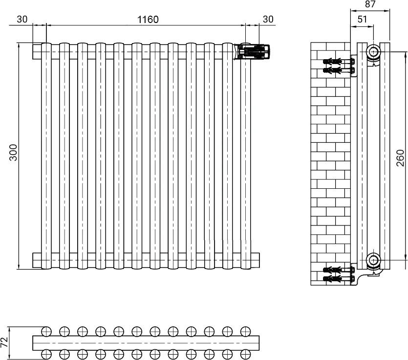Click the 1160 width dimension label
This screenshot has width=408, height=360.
click(148, 20)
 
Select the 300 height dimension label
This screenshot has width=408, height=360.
click(13, 153)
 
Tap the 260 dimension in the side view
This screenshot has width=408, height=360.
click(400, 158)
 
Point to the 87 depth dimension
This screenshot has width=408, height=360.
click(370, 4)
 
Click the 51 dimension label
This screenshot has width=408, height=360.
click(362, 19)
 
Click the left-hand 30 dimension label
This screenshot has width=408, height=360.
click(22, 19)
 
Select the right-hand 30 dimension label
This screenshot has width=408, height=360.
click(268, 19)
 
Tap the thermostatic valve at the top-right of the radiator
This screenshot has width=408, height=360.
click(255, 51)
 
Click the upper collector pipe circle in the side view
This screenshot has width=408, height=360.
click(374, 51)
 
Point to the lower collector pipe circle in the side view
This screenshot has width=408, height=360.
click(374, 260)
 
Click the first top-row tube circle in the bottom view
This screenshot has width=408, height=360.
click(46, 331)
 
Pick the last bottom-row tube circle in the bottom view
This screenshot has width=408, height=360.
click(245, 354)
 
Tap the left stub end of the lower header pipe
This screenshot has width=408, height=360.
click(37, 260)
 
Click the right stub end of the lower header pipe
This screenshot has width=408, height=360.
click(255, 260)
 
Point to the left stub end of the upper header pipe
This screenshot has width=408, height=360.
click(37, 51)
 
